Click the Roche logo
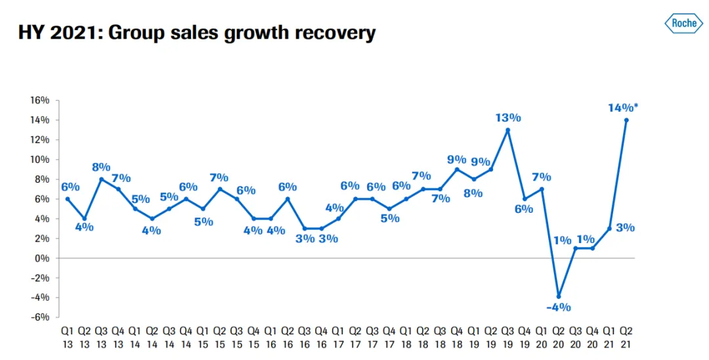(683, 24)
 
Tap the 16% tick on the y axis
(40, 101)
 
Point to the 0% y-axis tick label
(43, 258)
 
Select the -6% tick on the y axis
(40, 317)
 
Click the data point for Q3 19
(507, 130)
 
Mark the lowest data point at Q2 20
(559, 296)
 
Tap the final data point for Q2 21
(626, 120)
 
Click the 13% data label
(508, 118)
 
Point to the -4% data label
(559, 307)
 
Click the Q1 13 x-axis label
(67, 336)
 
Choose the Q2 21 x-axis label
(626, 336)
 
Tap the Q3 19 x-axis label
(507, 336)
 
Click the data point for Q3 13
(101, 179)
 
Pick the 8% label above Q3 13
(102, 167)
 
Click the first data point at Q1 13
(67, 199)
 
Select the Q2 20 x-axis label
(559, 336)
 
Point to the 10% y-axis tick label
(40, 160)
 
